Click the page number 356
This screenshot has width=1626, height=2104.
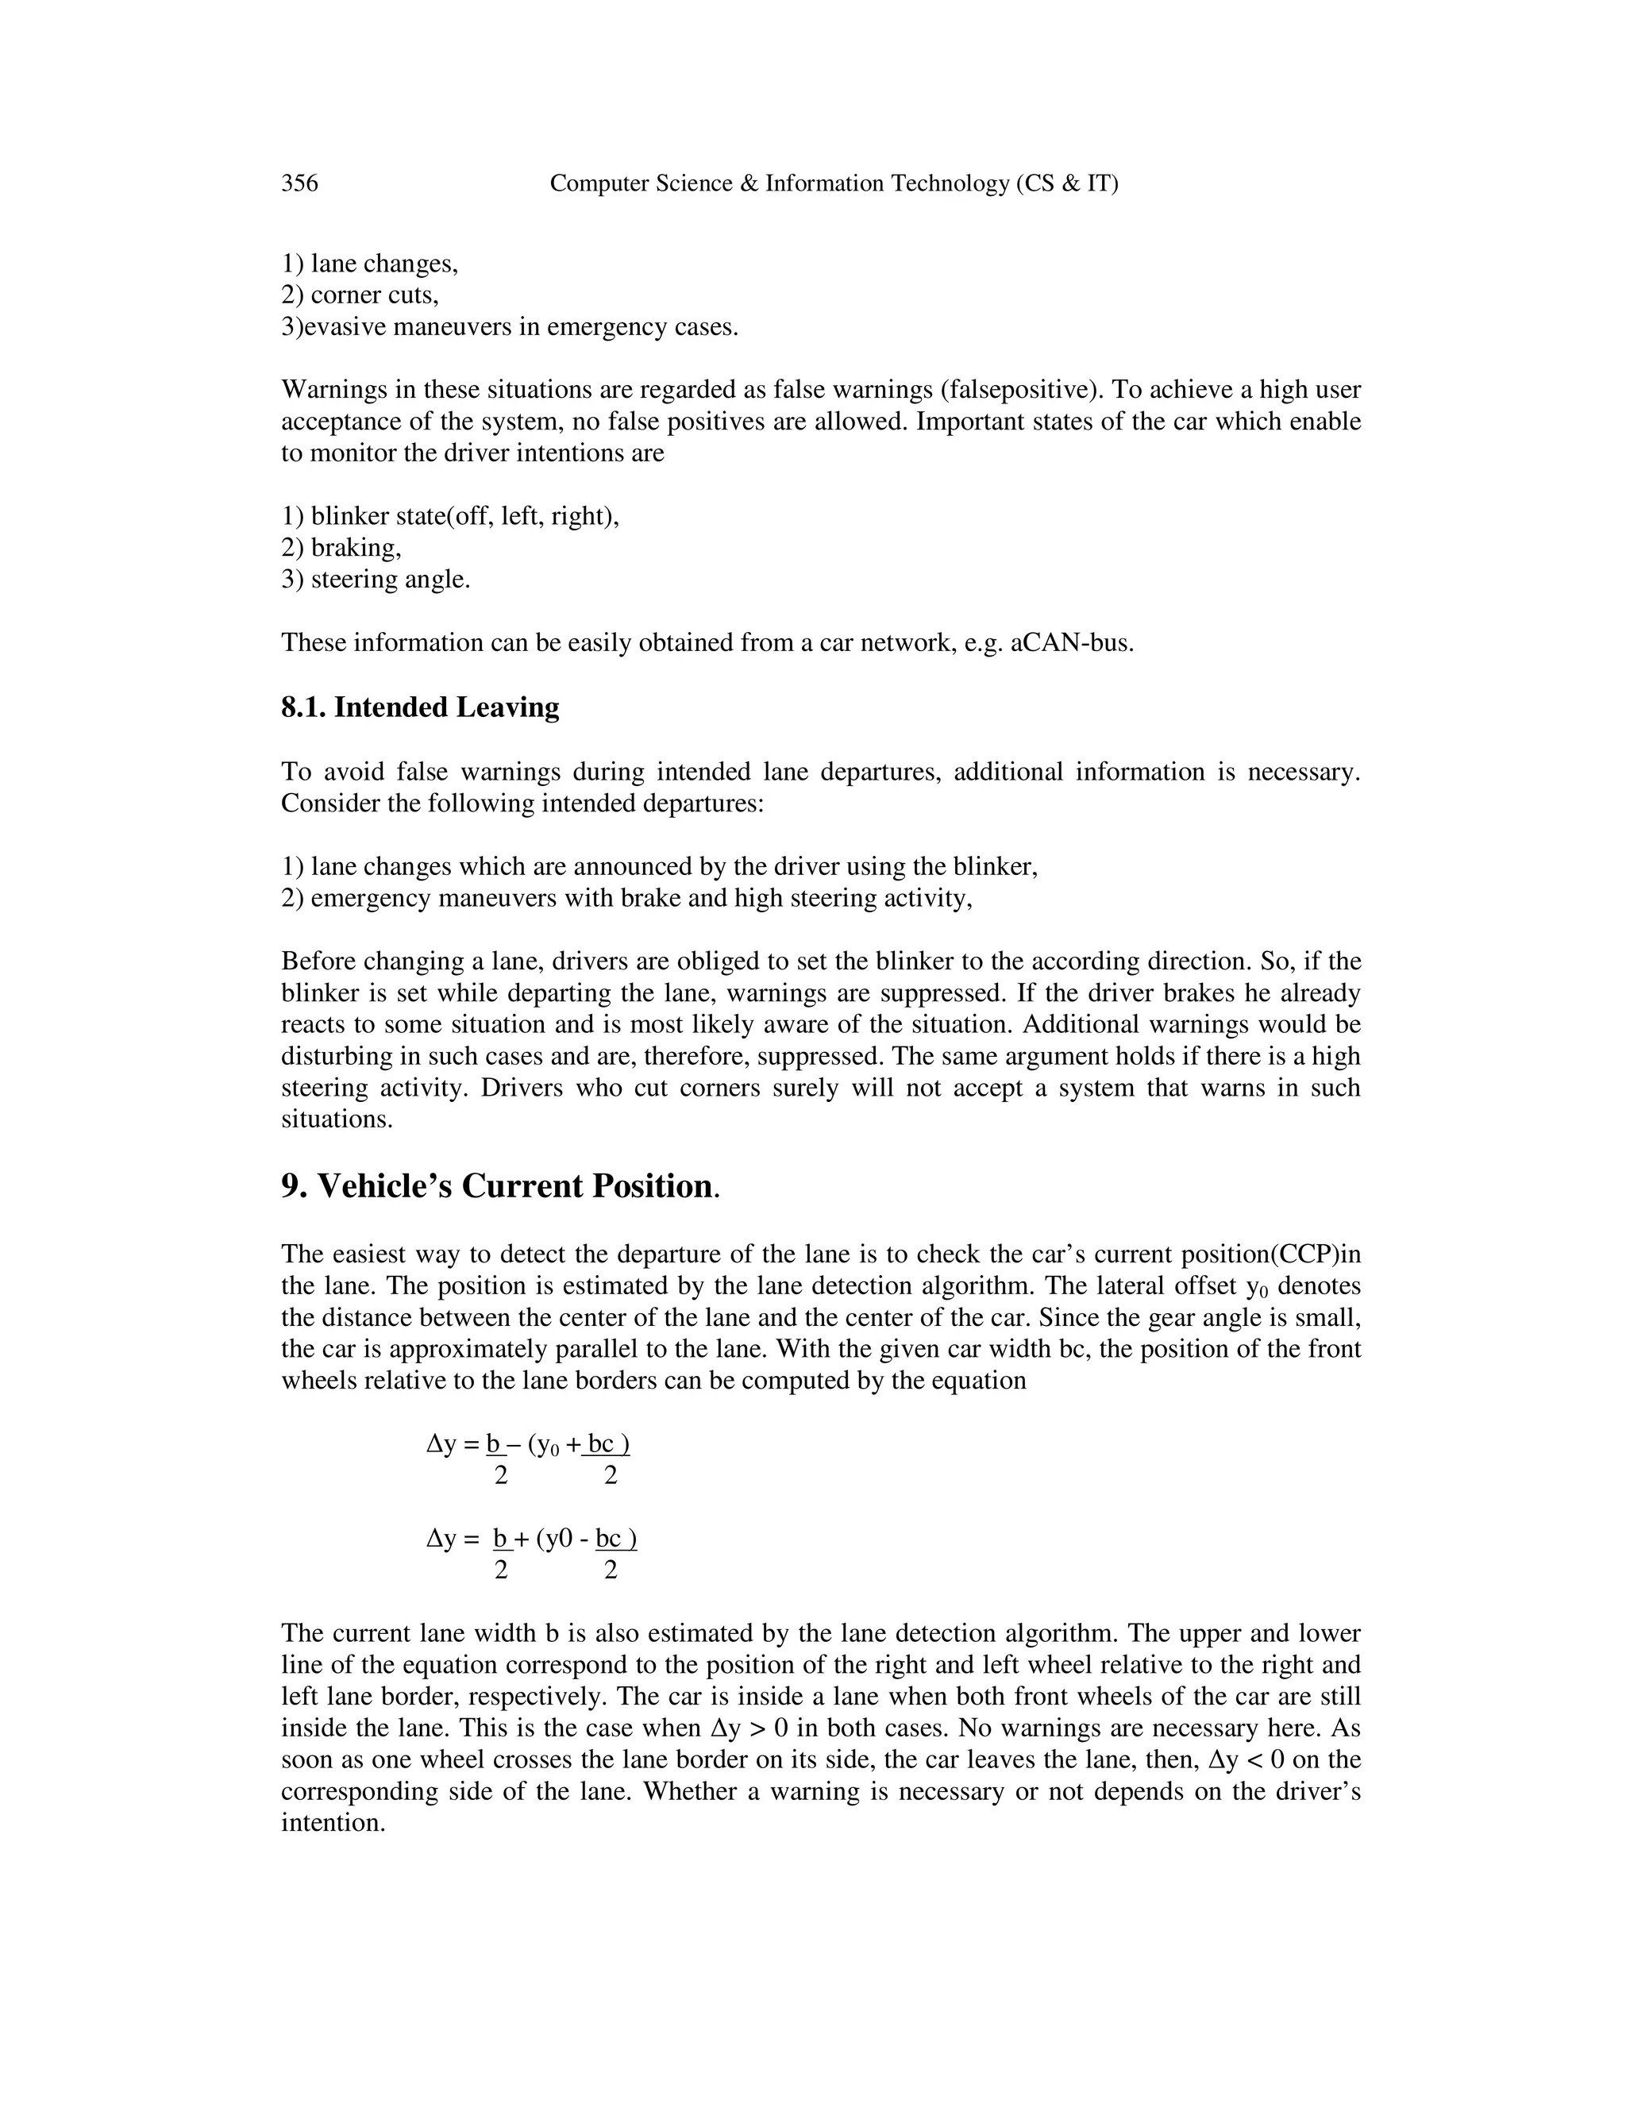pos(299,183)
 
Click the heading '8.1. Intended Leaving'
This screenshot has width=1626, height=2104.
pos(420,708)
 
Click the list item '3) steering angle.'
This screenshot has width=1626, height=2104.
pos(376,580)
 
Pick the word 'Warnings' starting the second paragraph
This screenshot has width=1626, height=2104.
pos(330,390)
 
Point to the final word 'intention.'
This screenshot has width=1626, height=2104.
pos(333,1824)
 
